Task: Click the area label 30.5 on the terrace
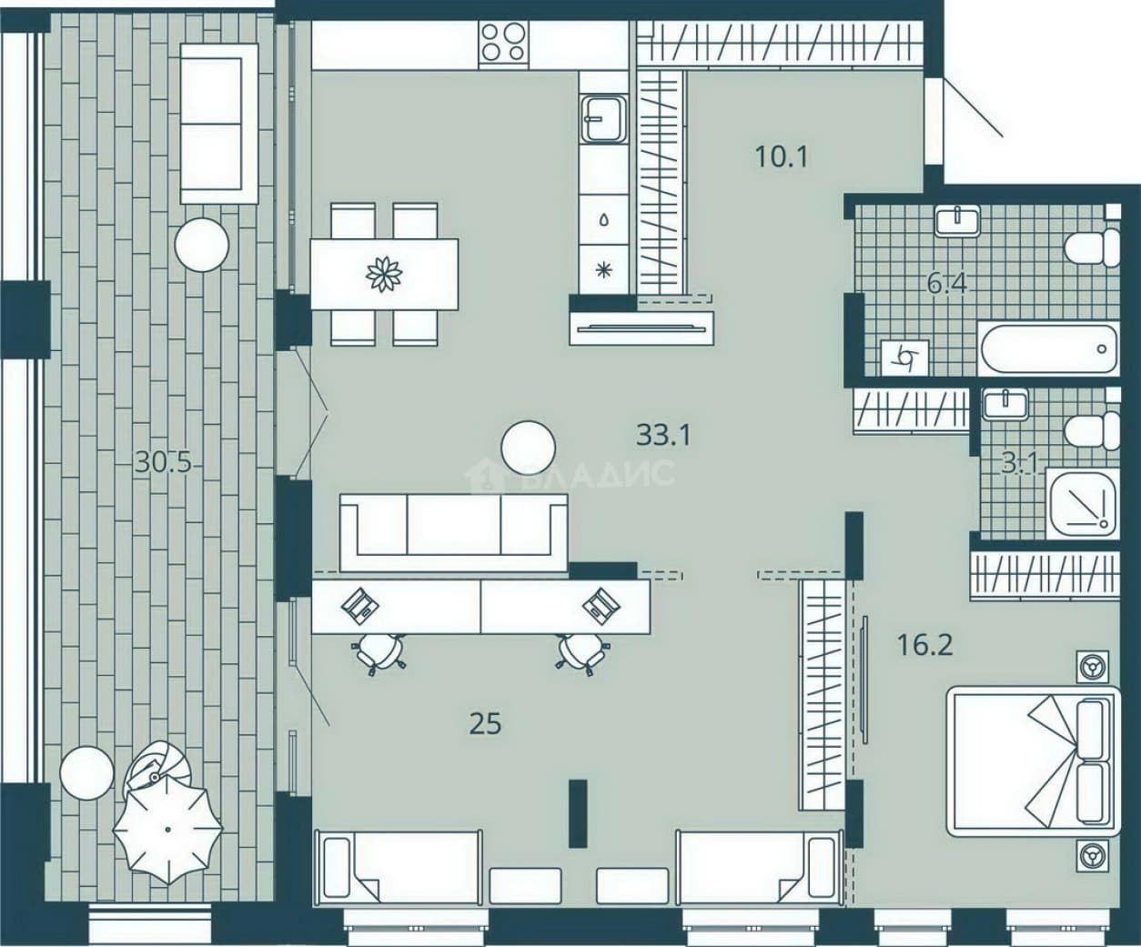pyautogui.click(x=163, y=463)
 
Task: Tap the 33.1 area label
pyautogui.click(x=663, y=436)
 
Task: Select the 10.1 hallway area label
pyautogui.click(x=781, y=156)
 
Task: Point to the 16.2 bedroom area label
pyautogui.click(x=924, y=645)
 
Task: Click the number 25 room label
pyautogui.click(x=485, y=725)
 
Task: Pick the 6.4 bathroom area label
pyautogui.click(x=947, y=284)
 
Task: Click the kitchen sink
pyautogui.click(x=603, y=119)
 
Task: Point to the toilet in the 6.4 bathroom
pyautogui.click(x=1092, y=247)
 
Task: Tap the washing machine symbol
pyautogui.click(x=904, y=358)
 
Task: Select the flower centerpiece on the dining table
pyautogui.click(x=384, y=274)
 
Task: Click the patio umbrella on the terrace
pyautogui.click(x=167, y=830)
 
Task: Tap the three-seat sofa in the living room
pyautogui.click(x=453, y=532)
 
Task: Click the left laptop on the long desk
pyautogui.click(x=360, y=606)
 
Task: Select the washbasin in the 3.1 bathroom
pyautogui.click(x=1005, y=405)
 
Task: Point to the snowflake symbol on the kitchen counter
pyautogui.click(x=603, y=270)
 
